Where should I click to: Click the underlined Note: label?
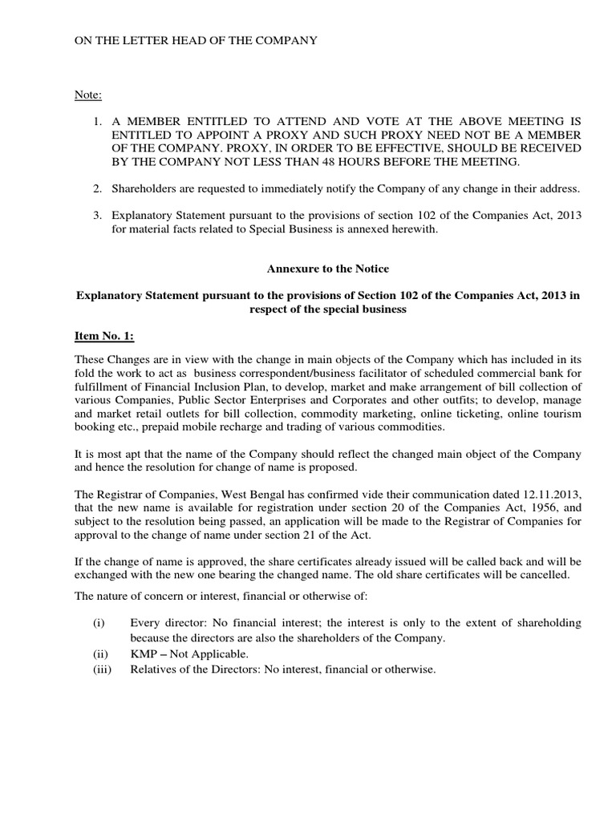point(87,95)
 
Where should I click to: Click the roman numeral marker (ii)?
point(100,654)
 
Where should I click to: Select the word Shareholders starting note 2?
point(147,188)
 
